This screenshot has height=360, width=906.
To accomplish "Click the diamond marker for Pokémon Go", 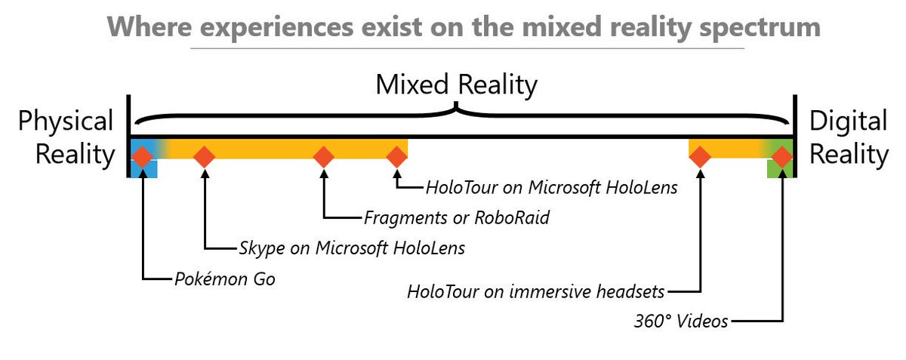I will coord(142,157).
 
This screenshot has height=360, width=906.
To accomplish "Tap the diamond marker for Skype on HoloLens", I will coord(204,157).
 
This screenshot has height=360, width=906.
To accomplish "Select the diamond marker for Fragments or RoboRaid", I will coord(324,157).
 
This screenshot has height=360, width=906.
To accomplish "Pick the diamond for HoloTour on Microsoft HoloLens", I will coord(397,157).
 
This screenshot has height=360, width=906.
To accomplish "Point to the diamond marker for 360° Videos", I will coord(782,157).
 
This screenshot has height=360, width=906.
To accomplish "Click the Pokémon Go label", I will coord(224,279).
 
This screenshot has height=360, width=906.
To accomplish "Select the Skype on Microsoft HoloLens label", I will coord(352,248).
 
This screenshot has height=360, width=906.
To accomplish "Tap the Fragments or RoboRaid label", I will coord(457,218).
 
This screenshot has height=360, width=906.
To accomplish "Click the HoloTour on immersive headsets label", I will coord(537,291).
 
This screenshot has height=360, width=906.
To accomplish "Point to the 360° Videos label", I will coord(682,321).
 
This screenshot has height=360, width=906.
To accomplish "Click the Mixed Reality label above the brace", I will coord(457,85).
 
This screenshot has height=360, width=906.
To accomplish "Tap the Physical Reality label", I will coord(66,137).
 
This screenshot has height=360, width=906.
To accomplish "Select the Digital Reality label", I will coord(849,137).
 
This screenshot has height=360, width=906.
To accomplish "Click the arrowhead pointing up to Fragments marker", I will coord(324,174).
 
